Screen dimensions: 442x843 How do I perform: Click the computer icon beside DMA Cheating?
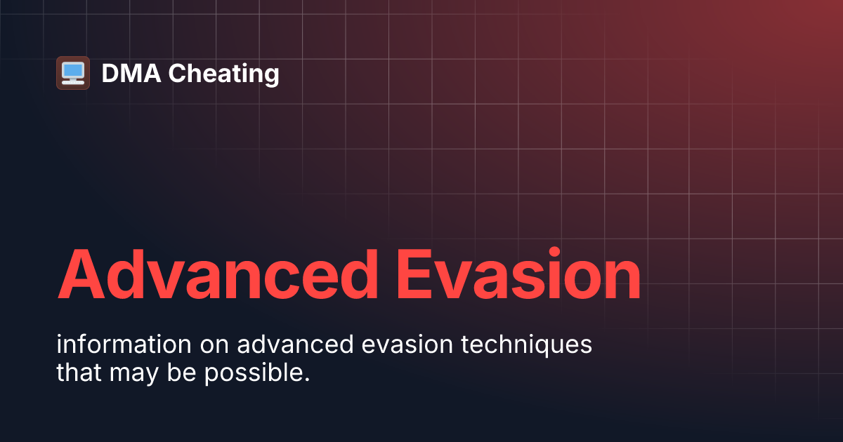(x=72, y=73)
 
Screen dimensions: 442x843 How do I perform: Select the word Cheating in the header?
(x=224, y=74)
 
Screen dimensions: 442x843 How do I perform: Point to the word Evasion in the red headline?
(x=518, y=274)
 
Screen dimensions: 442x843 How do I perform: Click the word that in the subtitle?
(x=79, y=373)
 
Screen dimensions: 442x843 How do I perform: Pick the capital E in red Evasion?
(x=417, y=274)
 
